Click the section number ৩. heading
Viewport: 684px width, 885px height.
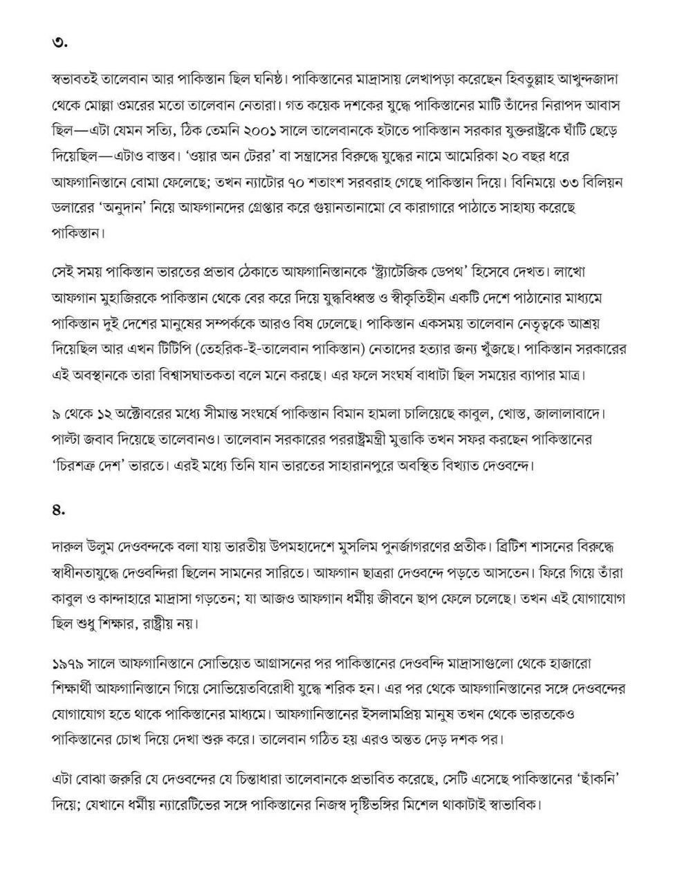pos(59,43)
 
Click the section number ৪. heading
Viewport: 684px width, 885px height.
pos(59,510)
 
